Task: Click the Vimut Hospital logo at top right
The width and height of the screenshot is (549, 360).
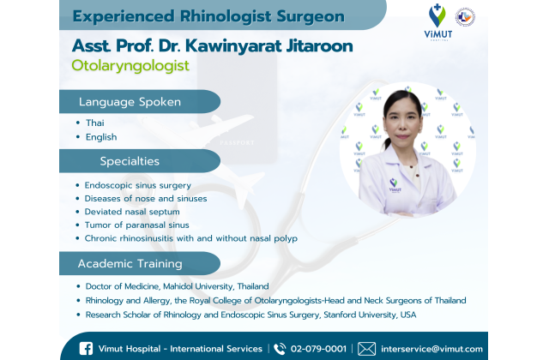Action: (x=437, y=21)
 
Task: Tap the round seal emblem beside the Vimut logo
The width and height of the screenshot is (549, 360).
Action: (x=465, y=17)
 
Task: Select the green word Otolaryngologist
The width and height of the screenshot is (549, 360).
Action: (x=130, y=65)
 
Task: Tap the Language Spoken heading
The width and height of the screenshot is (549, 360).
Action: (x=130, y=102)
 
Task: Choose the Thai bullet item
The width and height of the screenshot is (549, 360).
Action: (x=95, y=123)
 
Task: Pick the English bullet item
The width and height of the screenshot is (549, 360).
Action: (x=101, y=137)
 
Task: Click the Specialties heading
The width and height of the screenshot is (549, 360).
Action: (x=130, y=161)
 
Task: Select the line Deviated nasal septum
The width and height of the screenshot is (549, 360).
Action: (x=132, y=212)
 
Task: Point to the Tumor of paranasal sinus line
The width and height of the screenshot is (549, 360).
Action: (x=137, y=225)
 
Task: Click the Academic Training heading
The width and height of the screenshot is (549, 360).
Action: (x=130, y=263)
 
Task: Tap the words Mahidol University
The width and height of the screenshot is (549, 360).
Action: (x=198, y=286)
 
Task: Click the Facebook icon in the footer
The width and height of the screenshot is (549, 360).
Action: (x=86, y=349)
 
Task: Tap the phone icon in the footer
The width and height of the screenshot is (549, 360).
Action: (x=280, y=349)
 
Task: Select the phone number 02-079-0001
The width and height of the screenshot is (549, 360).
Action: (x=318, y=349)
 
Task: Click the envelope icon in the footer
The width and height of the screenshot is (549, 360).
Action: (x=366, y=349)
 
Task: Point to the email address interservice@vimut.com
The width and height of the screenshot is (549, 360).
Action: (x=431, y=349)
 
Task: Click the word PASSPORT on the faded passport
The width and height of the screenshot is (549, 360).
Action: (x=237, y=143)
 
